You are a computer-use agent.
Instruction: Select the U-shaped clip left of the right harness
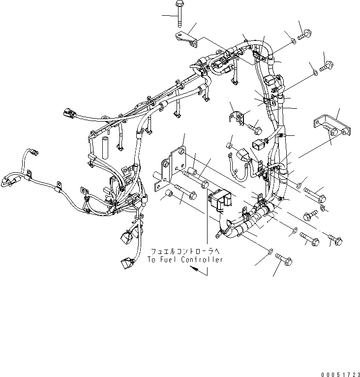click(x=237, y=119)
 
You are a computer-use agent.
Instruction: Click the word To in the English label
click(x=152, y=259)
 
